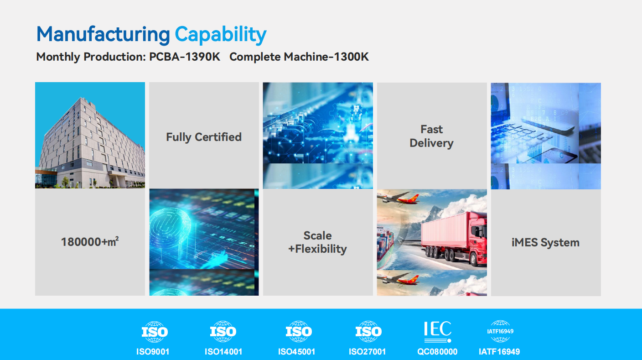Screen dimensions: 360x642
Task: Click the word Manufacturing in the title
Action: tap(103, 35)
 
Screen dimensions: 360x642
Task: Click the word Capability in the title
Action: tap(221, 35)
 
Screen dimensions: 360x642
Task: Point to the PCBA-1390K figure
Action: tap(185, 57)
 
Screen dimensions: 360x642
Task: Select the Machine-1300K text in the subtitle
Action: tap(326, 57)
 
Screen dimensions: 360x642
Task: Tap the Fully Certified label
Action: tap(204, 137)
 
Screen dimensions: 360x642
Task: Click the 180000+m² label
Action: tap(90, 242)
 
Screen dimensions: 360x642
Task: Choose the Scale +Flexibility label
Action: tap(318, 242)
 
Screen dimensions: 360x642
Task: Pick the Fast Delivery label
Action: tap(431, 136)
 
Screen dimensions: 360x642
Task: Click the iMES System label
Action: tap(545, 242)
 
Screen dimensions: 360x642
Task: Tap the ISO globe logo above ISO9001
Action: tap(155, 332)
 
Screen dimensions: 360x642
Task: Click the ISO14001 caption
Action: tap(223, 352)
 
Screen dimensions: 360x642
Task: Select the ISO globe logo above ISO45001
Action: tap(299, 332)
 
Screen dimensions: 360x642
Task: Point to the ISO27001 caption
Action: tap(367, 352)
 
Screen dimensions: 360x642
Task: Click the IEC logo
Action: tap(437, 331)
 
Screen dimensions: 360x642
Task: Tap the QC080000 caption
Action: tap(437, 352)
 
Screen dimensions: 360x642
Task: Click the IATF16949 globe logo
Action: tap(500, 331)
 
